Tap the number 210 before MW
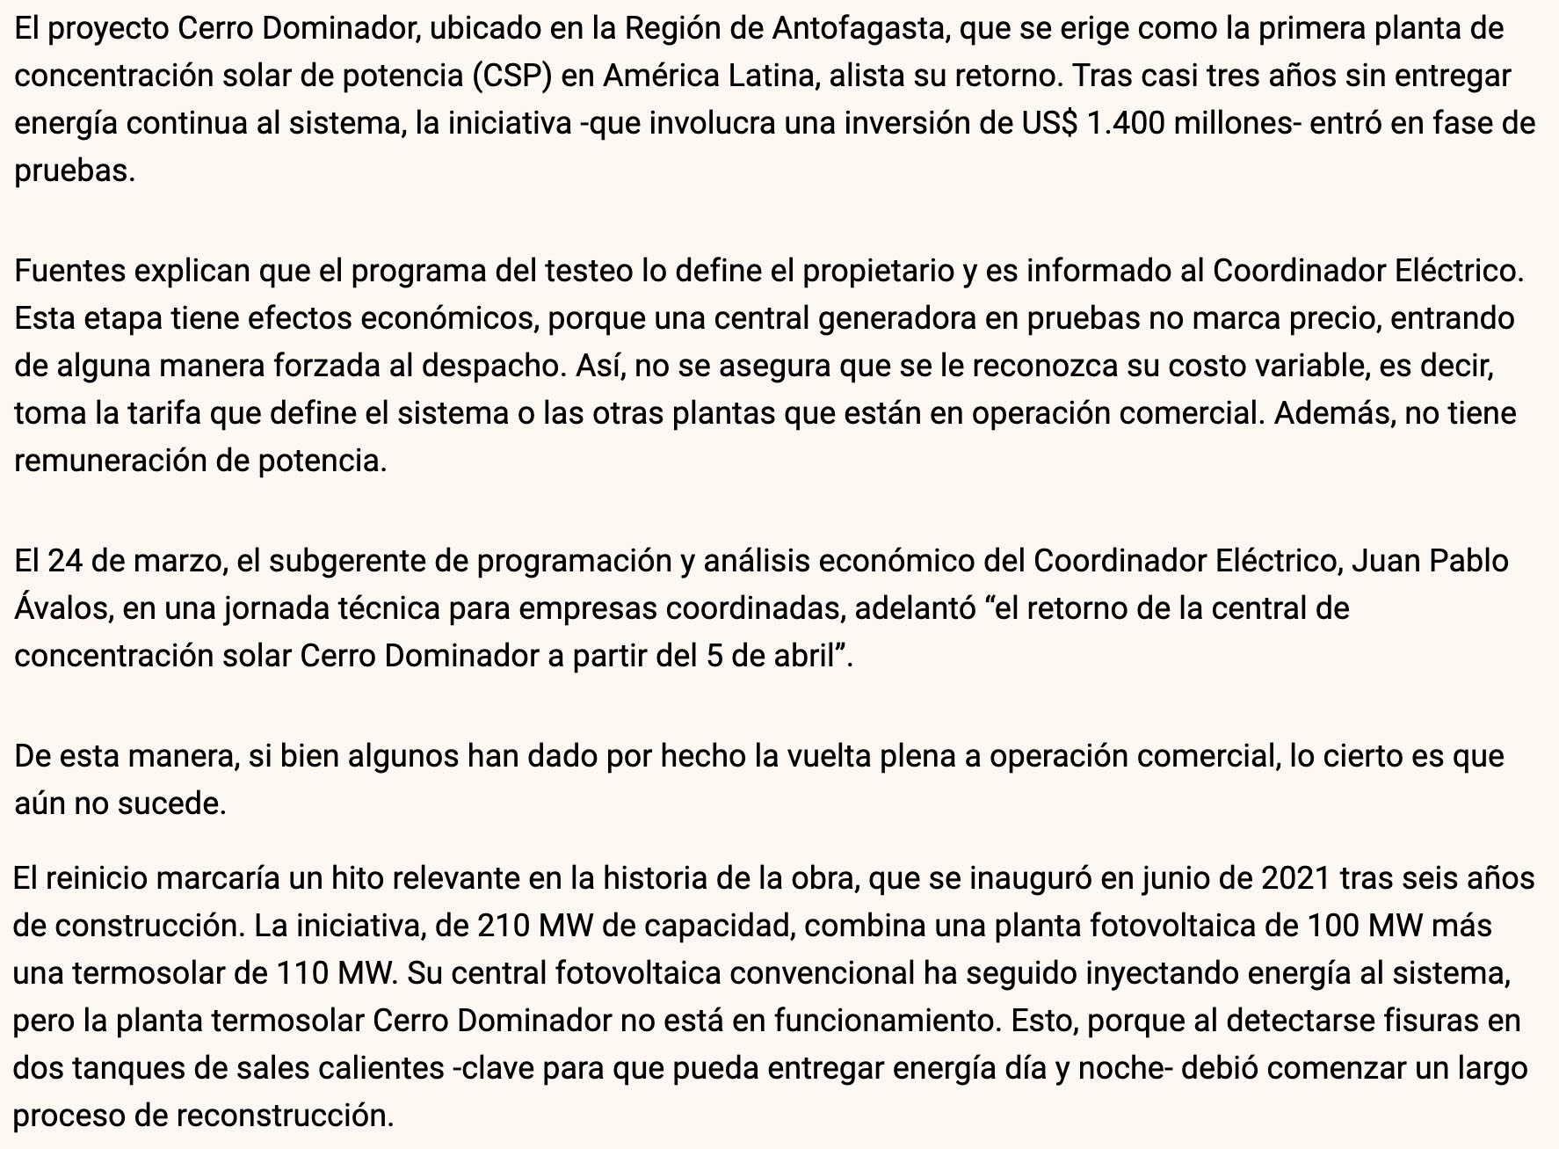pos(504,926)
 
